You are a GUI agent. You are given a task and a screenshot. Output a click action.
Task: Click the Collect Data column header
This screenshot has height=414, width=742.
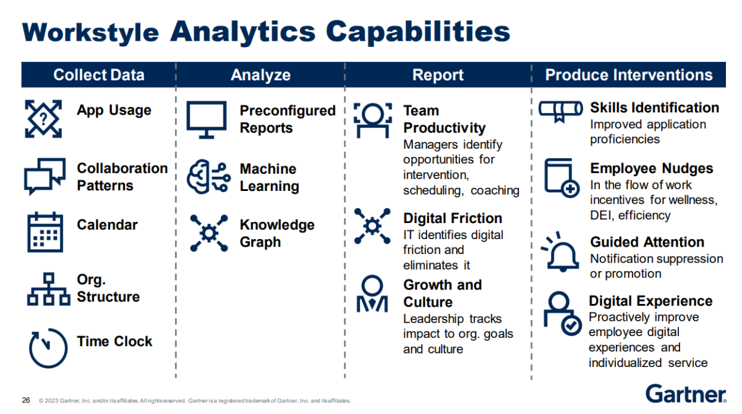99,75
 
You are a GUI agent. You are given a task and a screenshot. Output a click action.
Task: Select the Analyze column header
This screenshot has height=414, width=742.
261,75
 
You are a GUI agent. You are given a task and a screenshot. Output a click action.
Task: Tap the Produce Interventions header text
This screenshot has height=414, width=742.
629,75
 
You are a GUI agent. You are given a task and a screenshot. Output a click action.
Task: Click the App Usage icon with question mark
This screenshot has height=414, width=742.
43,119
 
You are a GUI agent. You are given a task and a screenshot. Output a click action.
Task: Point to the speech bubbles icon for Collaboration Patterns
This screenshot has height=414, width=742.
45,176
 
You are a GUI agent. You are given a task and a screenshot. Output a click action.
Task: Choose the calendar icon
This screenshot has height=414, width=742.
45,232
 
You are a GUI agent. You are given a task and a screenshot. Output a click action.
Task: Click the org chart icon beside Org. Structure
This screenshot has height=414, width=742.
49,289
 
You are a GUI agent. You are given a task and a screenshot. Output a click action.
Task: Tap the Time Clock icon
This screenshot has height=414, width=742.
48,348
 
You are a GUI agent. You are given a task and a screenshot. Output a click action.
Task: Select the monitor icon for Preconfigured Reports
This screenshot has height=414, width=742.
207,120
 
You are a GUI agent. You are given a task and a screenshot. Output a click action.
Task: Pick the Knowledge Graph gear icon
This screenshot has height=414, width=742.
209,233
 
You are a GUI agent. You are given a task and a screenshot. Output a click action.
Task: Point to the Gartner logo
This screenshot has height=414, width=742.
686,394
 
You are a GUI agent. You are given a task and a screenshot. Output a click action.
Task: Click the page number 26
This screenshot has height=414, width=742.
26,400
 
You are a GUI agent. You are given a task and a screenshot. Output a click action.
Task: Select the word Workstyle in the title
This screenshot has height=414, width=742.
90,33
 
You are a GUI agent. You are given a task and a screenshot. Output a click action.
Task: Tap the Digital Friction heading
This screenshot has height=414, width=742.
453,218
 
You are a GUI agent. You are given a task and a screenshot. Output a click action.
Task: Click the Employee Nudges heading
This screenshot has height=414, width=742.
652,169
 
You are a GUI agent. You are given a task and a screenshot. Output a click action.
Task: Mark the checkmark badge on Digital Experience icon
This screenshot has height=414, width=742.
571,326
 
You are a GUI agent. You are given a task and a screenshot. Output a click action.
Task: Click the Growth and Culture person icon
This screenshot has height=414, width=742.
372,294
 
